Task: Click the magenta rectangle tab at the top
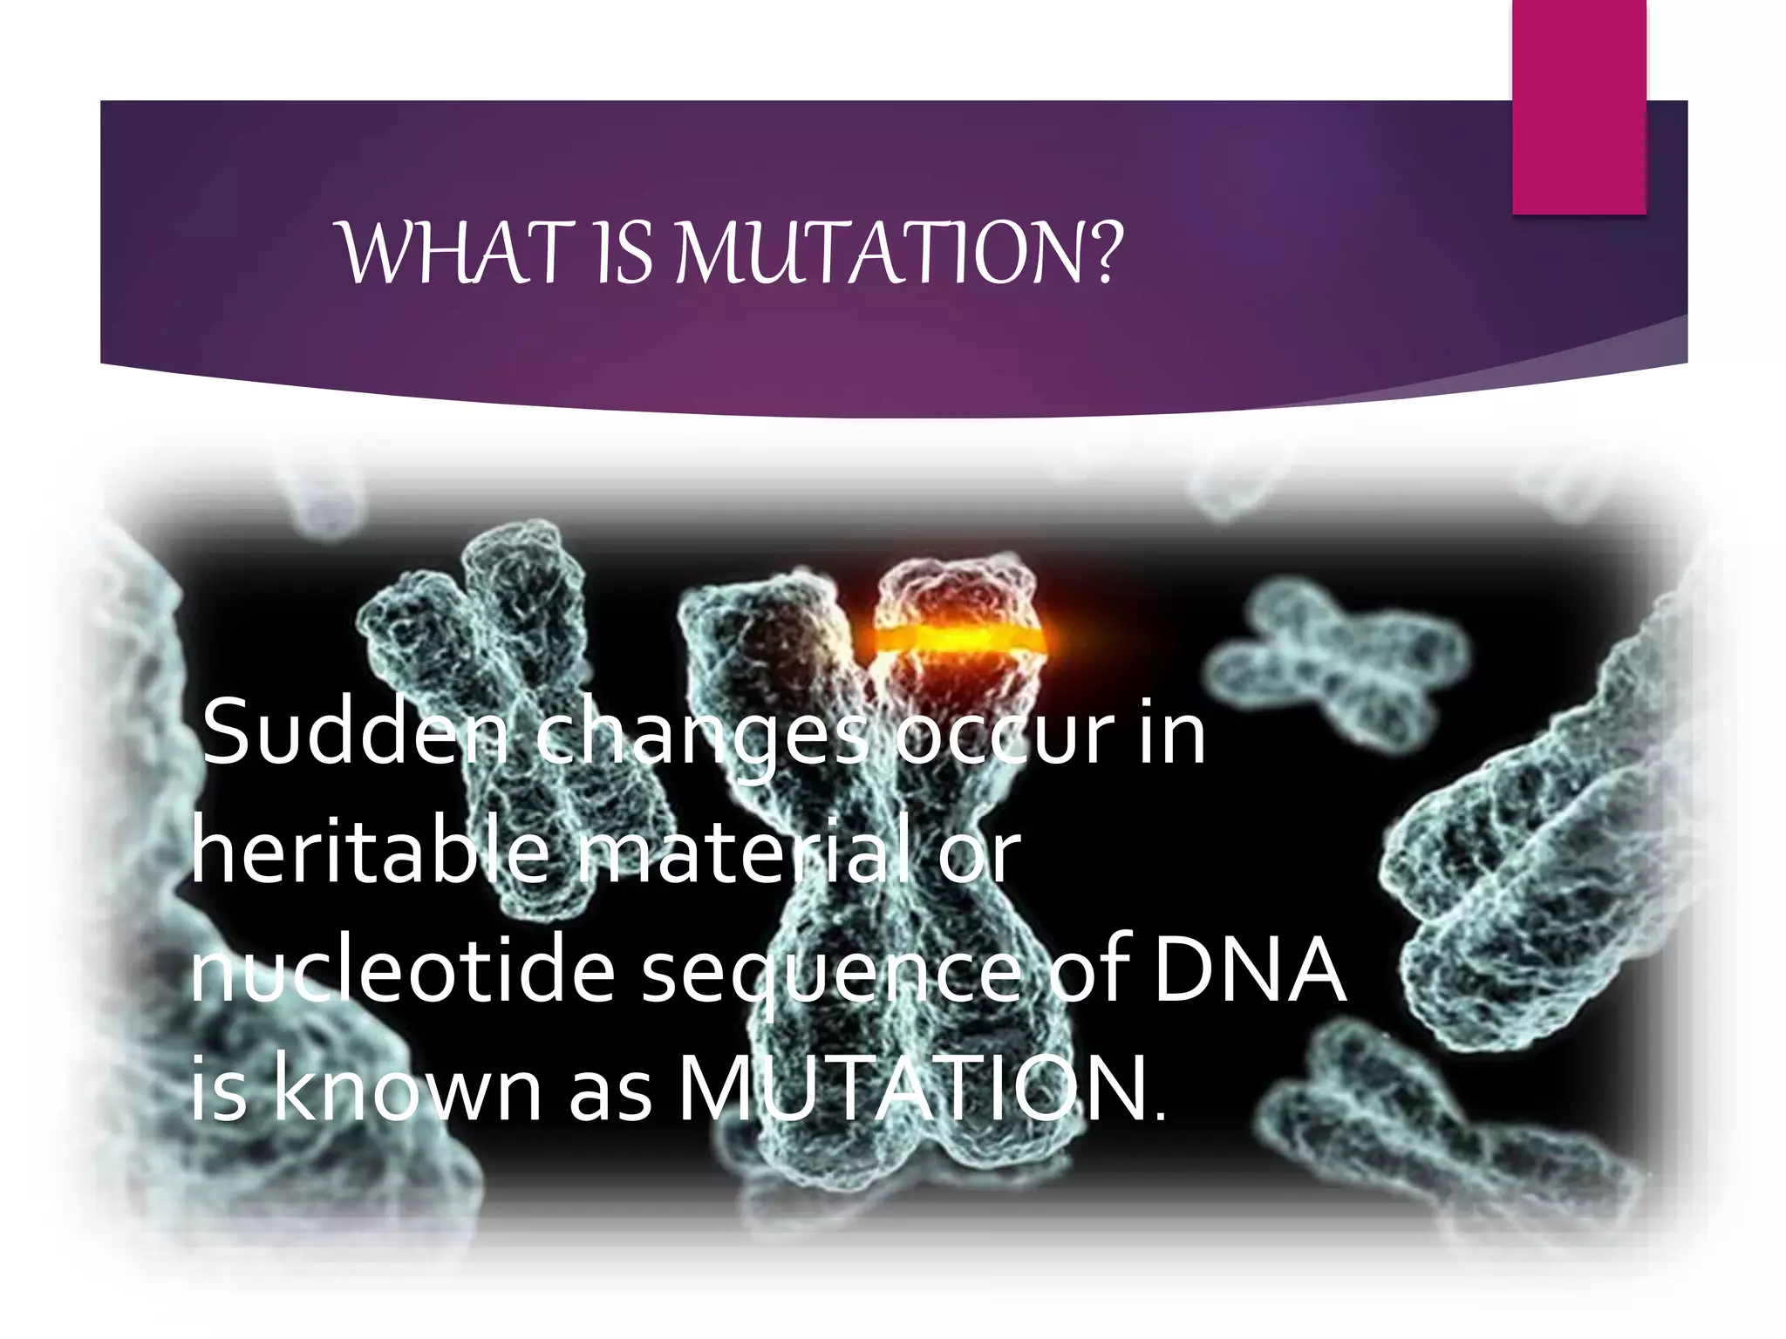pyautogui.click(x=1578, y=106)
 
